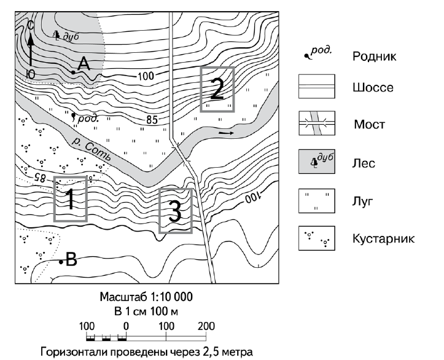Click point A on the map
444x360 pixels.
(74, 72)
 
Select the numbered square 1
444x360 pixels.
(70, 198)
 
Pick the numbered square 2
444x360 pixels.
(217, 89)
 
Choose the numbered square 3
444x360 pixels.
(175, 211)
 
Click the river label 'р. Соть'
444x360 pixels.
(91, 150)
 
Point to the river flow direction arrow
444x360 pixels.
(226, 132)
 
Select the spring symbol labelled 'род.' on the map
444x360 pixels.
(74, 115)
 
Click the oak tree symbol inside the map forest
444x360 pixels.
(57, 35)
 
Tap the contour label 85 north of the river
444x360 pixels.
(152, 119)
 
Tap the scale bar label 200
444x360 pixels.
(206, 326)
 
